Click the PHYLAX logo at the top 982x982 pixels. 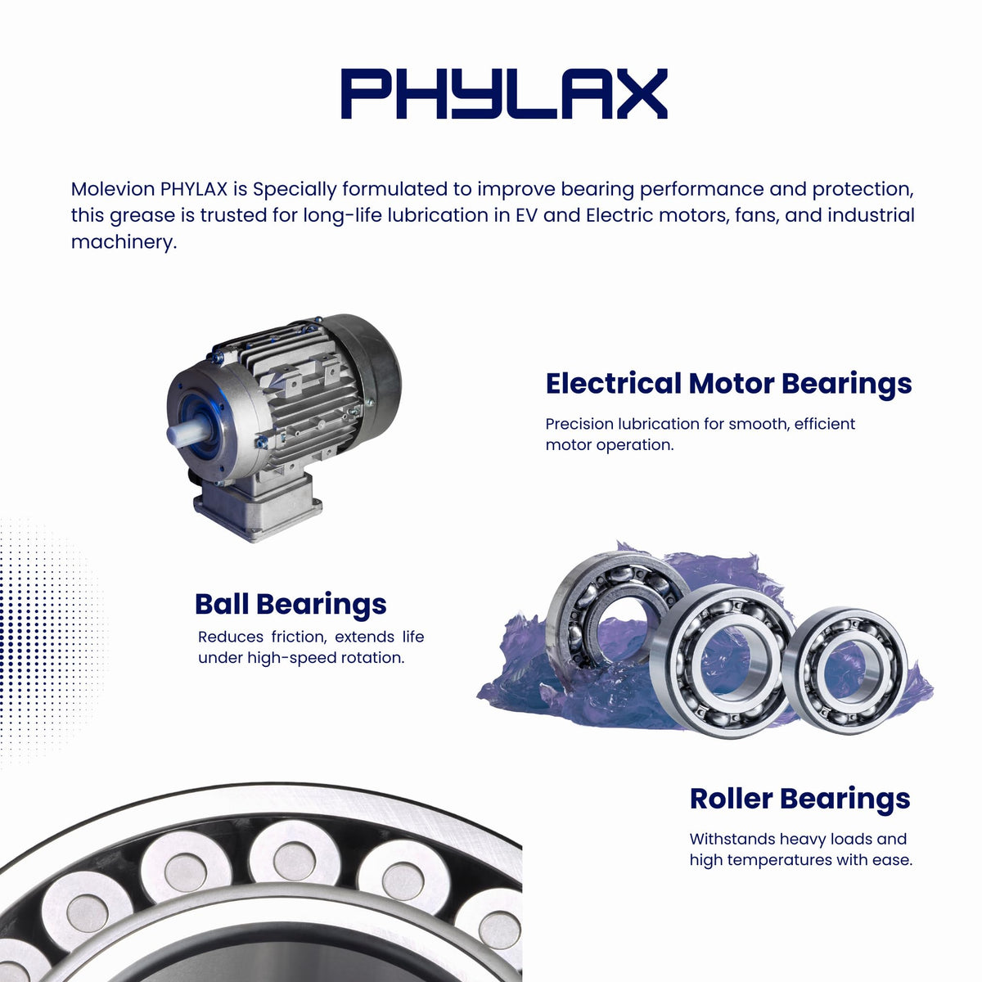click(x=504, y=94)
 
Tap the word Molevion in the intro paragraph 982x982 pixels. click(x=113, y=189)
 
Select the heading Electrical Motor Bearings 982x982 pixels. click(x=729, y=384)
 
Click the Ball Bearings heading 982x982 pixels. click(x=291, y=605)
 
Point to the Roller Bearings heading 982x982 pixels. click(x=800, y=799)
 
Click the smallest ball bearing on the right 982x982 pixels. click(x=844, y=671)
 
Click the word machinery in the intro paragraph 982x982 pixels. click(x=124, y=241)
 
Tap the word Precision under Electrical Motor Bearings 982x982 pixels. click(x=579, y=423)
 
